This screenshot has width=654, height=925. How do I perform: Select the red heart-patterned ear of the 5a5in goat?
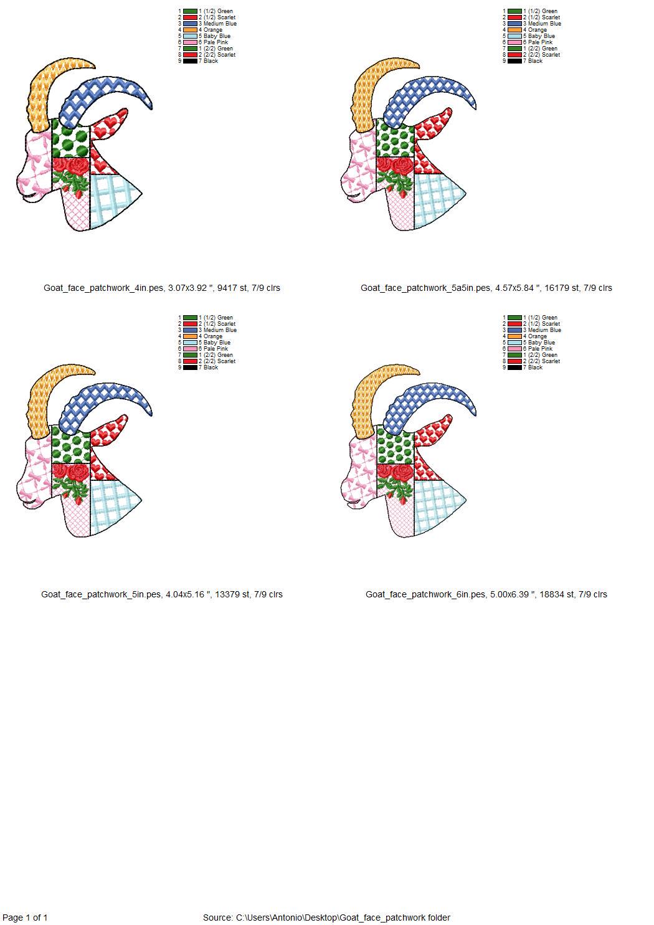click(x=432, y=123)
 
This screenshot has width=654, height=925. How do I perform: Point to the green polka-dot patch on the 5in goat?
click(x=70, y=446)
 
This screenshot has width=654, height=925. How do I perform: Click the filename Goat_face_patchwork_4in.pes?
click(x=103, y=288)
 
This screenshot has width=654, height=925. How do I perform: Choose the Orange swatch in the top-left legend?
click(x=190, y=30)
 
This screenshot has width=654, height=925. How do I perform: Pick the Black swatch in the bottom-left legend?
click(x=190, y=367)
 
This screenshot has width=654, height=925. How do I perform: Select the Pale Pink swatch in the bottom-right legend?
click(x=514, y=349)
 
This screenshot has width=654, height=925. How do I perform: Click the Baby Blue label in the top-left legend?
click(x=217, y=36)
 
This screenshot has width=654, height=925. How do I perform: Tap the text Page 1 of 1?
click(x=25, y=918)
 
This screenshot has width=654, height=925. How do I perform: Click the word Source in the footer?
click(x=217, y=918)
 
